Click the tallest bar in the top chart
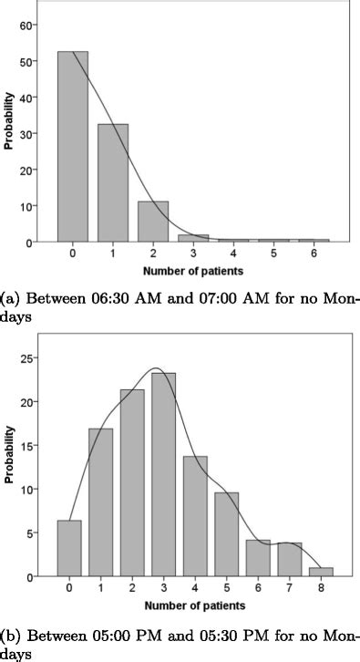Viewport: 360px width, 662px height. click(73, 146)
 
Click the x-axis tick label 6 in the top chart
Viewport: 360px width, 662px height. click(313, 253)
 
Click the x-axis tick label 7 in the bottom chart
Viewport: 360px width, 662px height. click(293, 588)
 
